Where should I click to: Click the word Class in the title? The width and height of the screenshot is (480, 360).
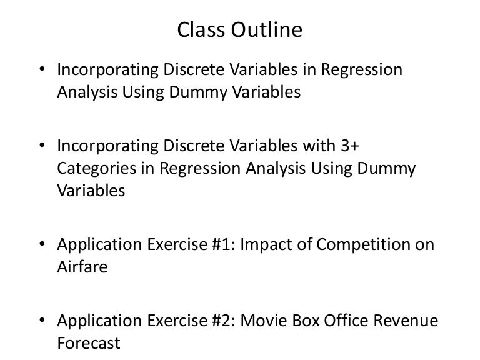(x=199, y=30)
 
